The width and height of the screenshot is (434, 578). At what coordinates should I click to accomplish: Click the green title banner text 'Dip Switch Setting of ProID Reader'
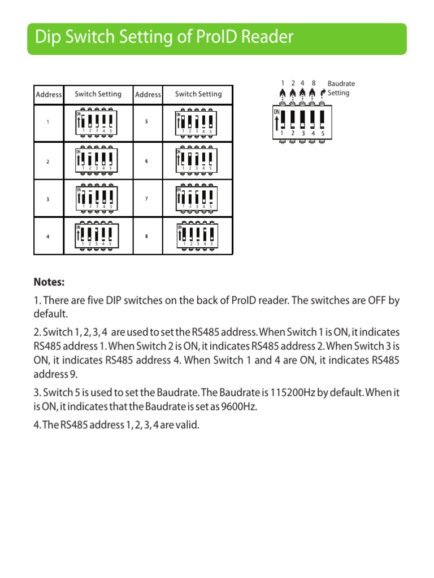coord(164,37)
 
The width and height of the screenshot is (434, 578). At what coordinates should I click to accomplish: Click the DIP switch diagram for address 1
coord(96,123)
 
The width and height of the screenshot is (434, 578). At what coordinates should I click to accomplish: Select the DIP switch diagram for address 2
coord(96,161)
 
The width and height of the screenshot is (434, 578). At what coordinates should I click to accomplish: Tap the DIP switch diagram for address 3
coord(96,198)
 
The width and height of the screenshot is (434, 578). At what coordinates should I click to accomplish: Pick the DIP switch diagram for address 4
coord(96,236)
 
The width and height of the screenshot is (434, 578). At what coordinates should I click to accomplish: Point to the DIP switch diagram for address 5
coord(196,123)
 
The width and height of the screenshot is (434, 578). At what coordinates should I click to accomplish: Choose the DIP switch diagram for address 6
coord(196,161)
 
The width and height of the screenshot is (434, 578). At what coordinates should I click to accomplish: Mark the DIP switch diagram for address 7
coord(196,198)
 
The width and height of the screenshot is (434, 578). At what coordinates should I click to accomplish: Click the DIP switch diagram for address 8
coord(196,236)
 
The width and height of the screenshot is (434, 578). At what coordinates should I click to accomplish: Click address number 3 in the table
coord(48,199)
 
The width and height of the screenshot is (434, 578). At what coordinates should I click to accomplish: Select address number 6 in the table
coord(146,161)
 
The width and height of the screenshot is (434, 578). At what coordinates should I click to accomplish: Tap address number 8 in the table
coord(146,237)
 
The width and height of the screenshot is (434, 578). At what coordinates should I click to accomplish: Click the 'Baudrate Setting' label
coord(341,88)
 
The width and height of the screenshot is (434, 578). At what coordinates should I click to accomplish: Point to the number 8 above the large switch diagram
coord(313,83)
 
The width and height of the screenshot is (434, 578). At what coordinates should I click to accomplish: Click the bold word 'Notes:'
coord(49,282)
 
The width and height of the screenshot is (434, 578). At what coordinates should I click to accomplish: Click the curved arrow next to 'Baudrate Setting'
coord(323,93)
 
